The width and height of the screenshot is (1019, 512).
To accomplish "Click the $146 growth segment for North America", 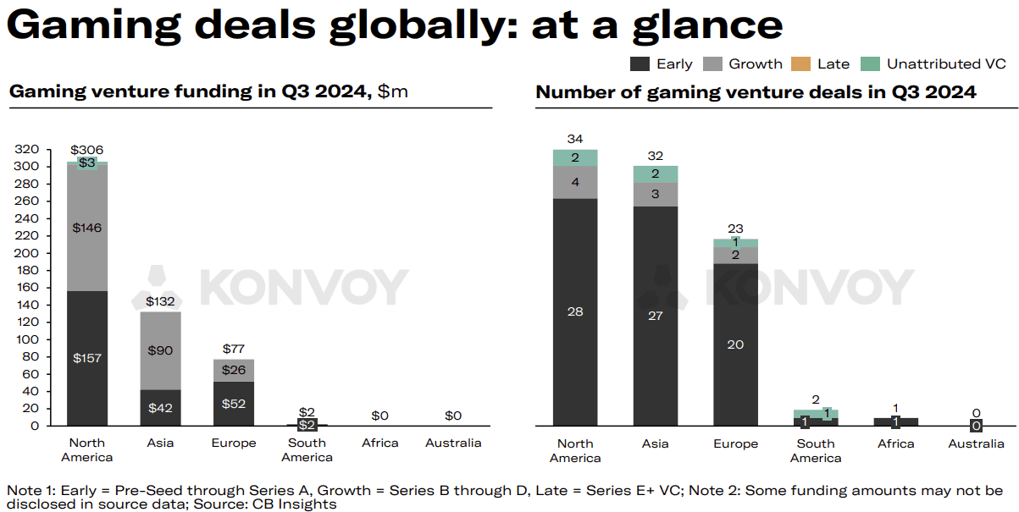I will (x=87, y=228).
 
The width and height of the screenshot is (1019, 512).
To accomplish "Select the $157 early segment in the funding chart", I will (x=87, y=358).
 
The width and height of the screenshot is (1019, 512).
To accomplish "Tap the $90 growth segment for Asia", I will (x=160, y=350).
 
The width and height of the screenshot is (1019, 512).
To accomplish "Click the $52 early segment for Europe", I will (x=234, y=404).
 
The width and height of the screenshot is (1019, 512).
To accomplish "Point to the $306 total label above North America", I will (x=87, y=150).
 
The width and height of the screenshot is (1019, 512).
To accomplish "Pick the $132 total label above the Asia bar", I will (x=160, y=301).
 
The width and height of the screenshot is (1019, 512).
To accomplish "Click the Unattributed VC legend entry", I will (x=945, y=63).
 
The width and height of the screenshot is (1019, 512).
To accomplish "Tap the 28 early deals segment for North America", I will (x=575, y=311).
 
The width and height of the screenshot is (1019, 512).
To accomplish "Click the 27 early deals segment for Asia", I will (x=655, y=316).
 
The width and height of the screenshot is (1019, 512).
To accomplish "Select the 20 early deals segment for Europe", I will (x=735, y=344).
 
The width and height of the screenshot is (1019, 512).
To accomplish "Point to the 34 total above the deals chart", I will (x=575, y=139).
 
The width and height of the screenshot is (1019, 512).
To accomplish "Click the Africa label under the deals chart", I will (x=895, y=443).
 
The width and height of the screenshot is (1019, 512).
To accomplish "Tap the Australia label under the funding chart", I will (x=453, y=443).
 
